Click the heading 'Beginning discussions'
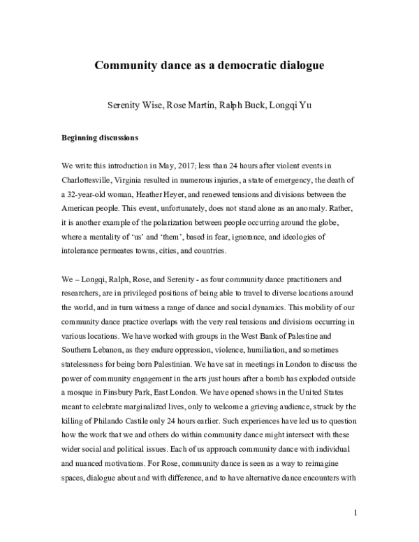[x=100, y=138]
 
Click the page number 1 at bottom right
[x=355, y=513]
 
